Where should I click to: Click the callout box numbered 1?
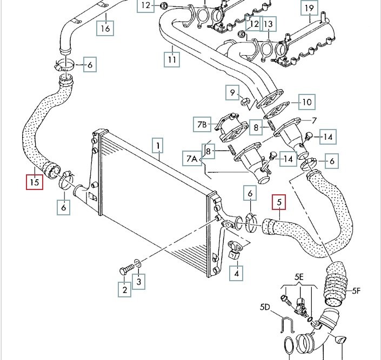(157, 146)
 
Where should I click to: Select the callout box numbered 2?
(125, 290)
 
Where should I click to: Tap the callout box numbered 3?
(139, 281)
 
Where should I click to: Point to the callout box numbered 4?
(236, 274)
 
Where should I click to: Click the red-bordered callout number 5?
(279, 203)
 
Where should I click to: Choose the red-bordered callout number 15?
(35, 182)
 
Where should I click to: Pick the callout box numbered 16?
(105, 28)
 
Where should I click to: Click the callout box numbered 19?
(309, 8)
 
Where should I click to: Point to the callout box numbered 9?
(233, 93)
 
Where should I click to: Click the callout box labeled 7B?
(202, 125)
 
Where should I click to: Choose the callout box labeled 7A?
(192, 159)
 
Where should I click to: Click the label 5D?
(265, 307)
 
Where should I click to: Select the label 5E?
(299, 278)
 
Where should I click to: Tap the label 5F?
(356, 291)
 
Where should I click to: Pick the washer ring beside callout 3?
(139, 263)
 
